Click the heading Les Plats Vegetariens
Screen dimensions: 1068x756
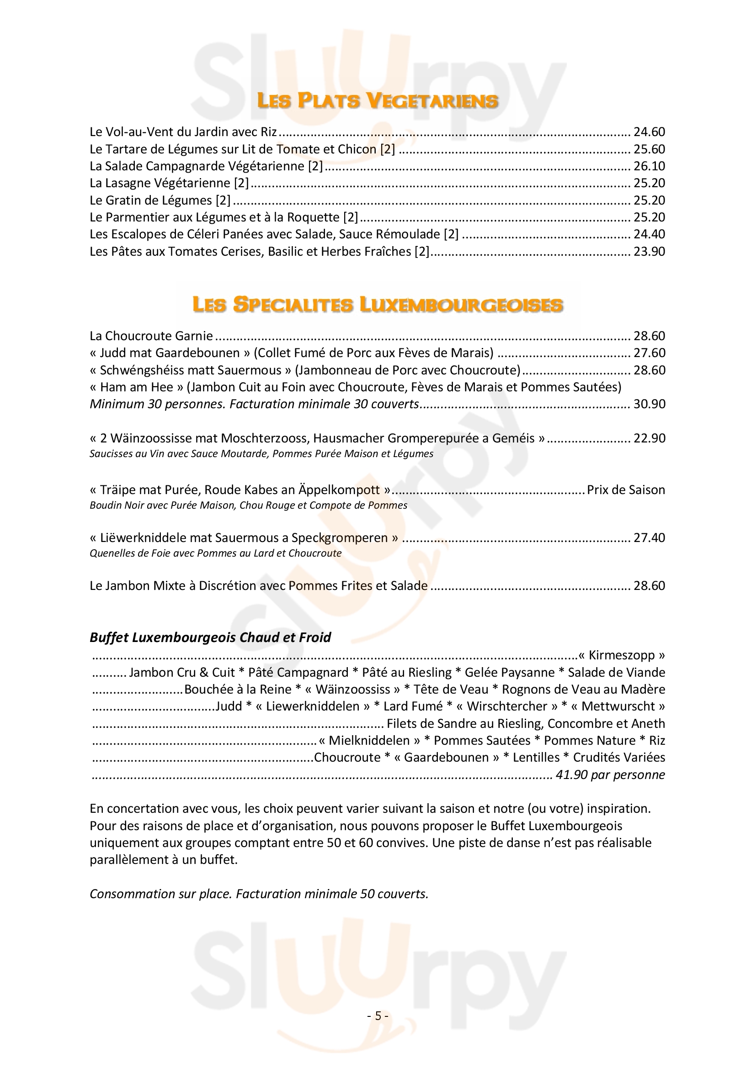click(x=378, y=101)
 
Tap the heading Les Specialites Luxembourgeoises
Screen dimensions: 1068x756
click(x=378, y=305)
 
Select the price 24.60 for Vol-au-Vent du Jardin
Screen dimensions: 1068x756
click(x=649, y=132)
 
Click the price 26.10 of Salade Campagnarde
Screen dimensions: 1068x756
click(x=649, y=166)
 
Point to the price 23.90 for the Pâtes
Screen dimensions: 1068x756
click(x=649, y=252)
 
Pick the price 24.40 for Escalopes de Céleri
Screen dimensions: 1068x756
click(x=649, y=234)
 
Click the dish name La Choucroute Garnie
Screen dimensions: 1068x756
click(x=151, y=336)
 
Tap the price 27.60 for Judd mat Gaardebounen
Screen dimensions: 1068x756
click(x=649, y=353)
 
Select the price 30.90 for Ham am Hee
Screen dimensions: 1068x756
click(x=649, y=404)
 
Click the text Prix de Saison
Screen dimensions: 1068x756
click(x=626, y=490)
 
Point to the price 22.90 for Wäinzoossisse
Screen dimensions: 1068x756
click(x=649, y=438)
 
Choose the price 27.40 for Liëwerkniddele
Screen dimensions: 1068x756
click(x=649, y=538)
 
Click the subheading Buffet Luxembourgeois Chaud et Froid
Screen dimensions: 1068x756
click(x=210, y=637)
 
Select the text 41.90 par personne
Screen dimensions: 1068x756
click(x=610, y=775)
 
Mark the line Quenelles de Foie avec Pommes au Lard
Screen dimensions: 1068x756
click(x=216, y=553)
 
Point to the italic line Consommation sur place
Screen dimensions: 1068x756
click(x=259, y=894)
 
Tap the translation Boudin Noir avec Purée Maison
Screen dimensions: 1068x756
click(x=248, y=505)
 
